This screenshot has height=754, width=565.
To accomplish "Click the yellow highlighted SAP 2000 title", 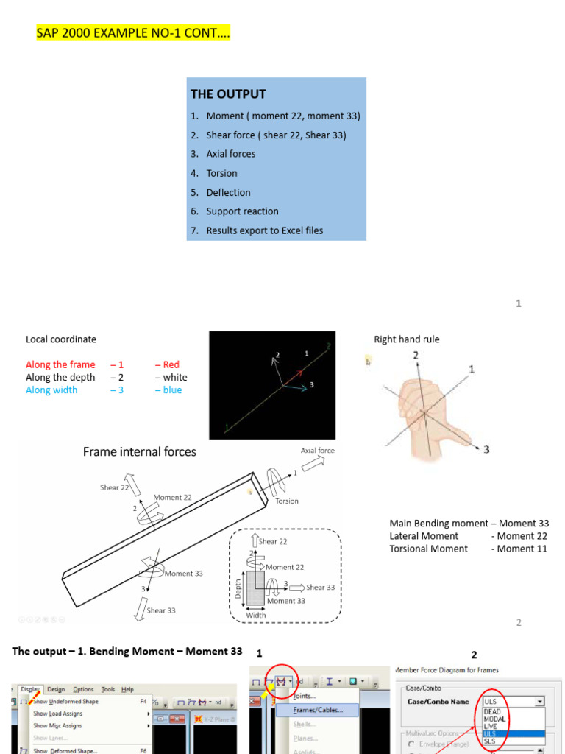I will point(133,34).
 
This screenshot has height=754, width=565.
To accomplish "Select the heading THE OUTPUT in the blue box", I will point(228,94).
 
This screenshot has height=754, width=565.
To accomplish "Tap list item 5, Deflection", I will point(228,192).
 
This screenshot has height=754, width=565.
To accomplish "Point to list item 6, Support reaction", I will point(242,211).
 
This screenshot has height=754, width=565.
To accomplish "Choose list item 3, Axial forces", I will point(230,154).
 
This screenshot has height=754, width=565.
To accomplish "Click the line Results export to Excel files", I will point(264,230).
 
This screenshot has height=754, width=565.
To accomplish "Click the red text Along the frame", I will point(60,364).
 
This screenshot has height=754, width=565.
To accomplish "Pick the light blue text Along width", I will point(51,390).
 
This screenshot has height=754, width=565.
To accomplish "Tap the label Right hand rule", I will point(407,339).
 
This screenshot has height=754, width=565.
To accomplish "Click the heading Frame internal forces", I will point(139,451).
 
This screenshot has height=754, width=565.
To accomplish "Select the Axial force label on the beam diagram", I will point(317,451).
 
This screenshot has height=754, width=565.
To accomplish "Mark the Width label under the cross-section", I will point(256,615).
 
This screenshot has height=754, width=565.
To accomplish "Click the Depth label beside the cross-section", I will point(237,588).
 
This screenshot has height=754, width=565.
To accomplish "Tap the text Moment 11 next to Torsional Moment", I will point(522,549).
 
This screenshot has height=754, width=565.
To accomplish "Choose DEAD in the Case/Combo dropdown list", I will point(492,712).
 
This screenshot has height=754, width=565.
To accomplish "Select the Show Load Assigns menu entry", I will point(57,714).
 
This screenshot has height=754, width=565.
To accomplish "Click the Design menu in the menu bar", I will point(56,689).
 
